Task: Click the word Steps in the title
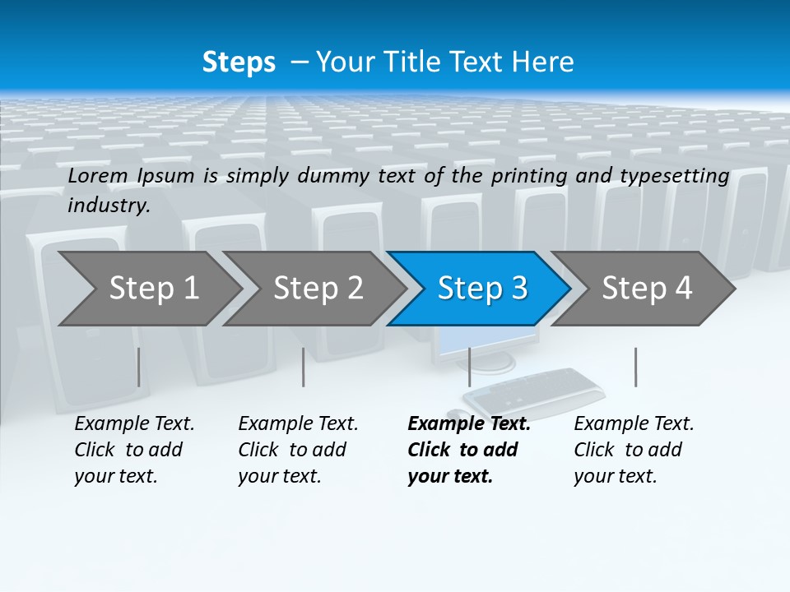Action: (239, 62)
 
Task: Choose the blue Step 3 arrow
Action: (482, 289)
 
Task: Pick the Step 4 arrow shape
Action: (647, 289)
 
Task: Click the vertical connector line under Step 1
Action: (138, 367)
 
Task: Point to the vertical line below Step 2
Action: (304, 367)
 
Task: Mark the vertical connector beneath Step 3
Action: (469, 367)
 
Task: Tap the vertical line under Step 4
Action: (635, 367)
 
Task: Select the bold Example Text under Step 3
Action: (468, 450)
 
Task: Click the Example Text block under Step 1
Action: (134, 450)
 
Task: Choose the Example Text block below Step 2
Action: (298, 450)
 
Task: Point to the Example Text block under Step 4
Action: (634, 450)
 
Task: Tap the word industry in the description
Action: (109, 206)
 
